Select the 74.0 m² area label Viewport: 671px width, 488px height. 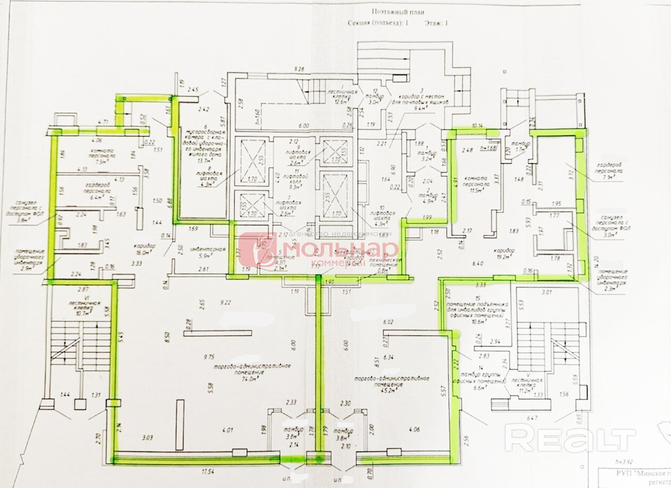click(x=251, y=380)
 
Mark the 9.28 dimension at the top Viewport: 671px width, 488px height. click(x=303, y=70)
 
